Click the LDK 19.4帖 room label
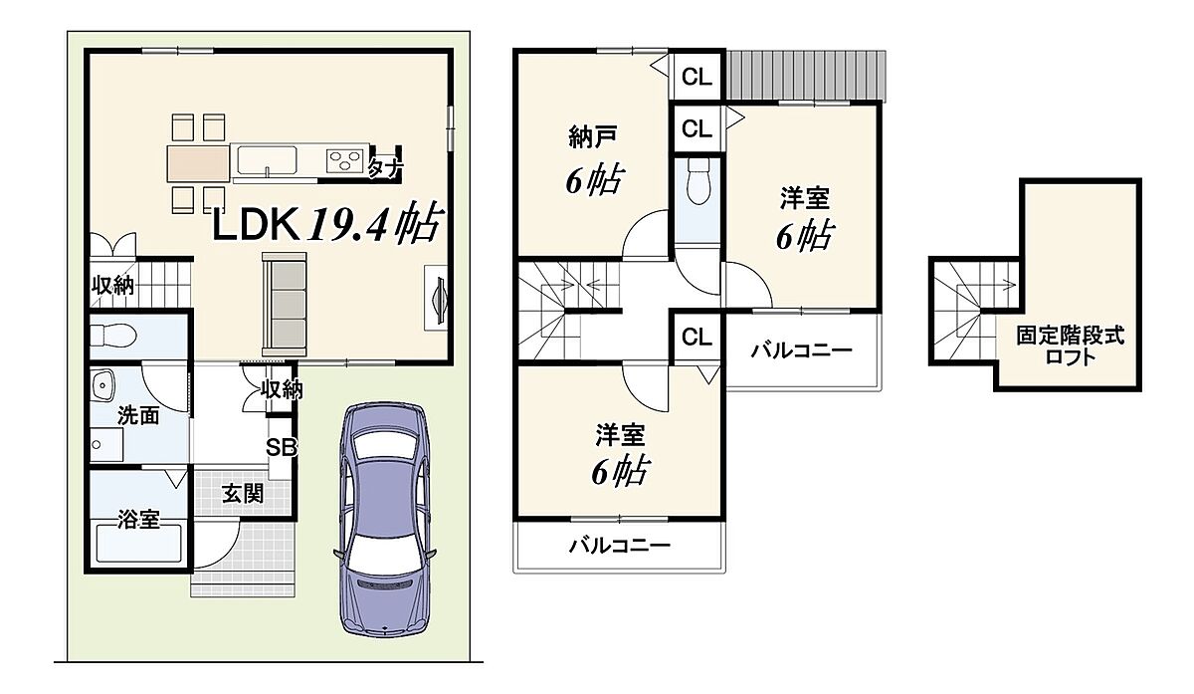327,223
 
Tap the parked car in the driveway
384,519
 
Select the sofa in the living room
285,305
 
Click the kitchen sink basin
267,159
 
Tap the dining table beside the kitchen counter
199,162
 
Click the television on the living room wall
440,301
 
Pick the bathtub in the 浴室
139,544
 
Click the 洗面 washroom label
138,415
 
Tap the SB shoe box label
281,447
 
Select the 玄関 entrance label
243,494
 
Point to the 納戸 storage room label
593,137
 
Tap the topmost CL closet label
696,78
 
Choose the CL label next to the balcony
696,338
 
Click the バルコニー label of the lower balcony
619,546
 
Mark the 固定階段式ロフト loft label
1070,346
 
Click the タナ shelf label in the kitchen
385,168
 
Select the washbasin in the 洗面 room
103,386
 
